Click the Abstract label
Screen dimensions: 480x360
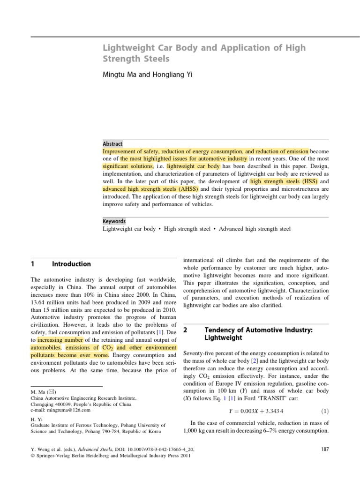click(112, 144)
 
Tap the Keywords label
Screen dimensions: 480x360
click(114, 221)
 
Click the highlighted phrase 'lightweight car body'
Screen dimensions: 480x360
click(193, 166)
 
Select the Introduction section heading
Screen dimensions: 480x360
click(71, 264)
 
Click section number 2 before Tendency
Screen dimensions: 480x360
click(185, 330)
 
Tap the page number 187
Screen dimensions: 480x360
click(325, 449)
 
